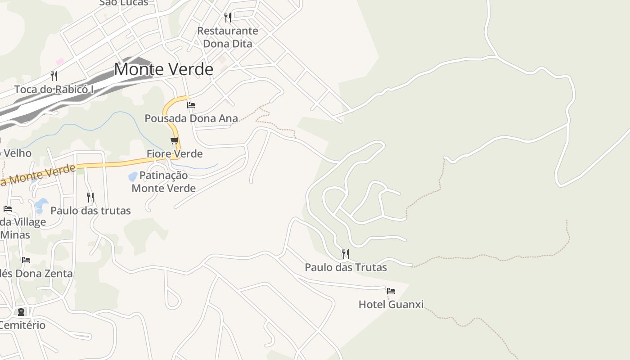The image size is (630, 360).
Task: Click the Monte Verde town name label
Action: [x=163, y=69]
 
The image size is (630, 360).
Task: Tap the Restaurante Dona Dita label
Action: [x=228, y=37]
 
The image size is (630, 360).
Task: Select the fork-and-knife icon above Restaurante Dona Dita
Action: [x=228, y=18]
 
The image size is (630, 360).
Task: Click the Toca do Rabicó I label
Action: [x=54, y=90]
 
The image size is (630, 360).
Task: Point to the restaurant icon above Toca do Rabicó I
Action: [x=54, y=75]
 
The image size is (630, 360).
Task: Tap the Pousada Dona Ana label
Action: [x=191, y=118]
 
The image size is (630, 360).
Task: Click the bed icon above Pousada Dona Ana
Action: [x=191, y=105]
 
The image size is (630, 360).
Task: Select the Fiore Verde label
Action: [x=175, y=154]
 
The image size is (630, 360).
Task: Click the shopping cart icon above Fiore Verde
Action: [x=175, y=141]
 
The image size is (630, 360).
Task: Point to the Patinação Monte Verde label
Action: [x=164, y=182]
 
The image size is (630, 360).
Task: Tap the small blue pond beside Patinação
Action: [x=133, y=176]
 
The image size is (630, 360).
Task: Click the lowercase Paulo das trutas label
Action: [x=90, y=211]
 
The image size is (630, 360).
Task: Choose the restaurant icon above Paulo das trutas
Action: [x=90, y=197]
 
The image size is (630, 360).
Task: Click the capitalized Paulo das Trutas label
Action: [x=346, y=267]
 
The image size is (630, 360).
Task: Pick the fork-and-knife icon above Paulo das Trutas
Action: [x=345, y=254]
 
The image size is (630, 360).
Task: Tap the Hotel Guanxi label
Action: [x=391, y=305]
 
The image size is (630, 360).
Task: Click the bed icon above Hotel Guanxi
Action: [x=391, y=291]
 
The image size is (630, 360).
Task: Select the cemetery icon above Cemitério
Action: [x=21, y=311]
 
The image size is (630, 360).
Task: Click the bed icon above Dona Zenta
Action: [x=26, y=260]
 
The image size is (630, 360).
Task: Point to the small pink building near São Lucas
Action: [x=60, y=61]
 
